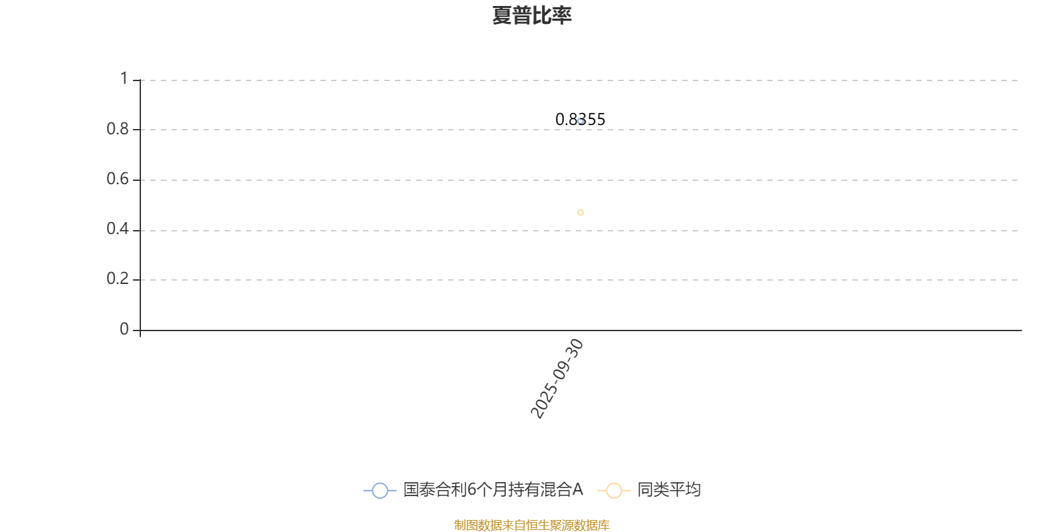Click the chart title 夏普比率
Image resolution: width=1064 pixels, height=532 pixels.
531,15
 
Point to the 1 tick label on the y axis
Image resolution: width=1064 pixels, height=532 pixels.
124,78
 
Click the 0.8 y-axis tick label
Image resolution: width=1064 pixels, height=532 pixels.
117,129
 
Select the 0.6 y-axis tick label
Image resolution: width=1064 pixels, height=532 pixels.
117,179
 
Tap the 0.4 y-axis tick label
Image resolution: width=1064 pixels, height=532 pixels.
117,229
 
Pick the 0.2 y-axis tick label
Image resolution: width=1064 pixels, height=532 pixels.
117,279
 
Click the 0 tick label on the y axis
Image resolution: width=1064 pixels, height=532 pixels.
124,329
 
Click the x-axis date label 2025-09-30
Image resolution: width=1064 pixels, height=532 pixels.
557,378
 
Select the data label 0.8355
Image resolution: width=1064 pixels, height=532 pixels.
580,119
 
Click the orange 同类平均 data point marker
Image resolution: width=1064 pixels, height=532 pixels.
581,212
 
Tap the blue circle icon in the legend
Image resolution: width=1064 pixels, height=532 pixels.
380,490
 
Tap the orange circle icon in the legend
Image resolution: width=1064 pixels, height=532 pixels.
614,490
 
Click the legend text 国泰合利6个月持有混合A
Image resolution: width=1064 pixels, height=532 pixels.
493,489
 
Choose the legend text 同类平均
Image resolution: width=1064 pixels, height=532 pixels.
669,489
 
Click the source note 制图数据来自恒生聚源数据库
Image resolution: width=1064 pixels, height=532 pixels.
531,525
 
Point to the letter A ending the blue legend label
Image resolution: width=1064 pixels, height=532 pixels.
577,489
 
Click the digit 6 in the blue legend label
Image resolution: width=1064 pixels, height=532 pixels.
472,489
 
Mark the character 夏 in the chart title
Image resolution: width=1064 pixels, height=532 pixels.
502,15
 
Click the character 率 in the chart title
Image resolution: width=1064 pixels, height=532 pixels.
561,15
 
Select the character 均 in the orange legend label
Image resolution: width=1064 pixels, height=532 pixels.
693,489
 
